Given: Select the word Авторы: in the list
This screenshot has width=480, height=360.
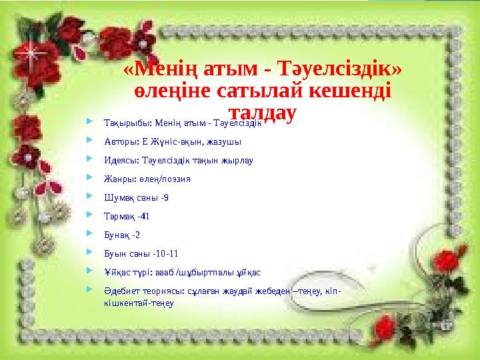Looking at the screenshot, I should tap(120, 141).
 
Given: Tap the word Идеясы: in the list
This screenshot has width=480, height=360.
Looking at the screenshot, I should tap(120, 160).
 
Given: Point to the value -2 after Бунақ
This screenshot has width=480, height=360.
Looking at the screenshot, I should tap(135, 235).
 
